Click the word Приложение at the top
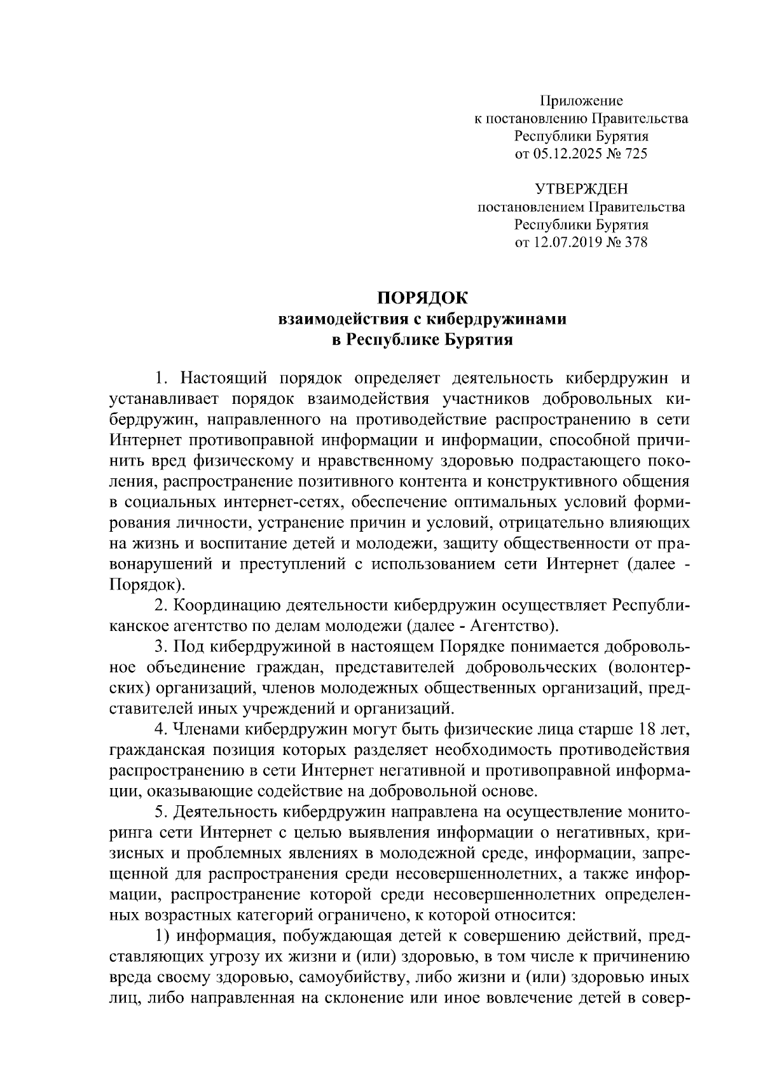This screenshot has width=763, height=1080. click(x=581, y=100)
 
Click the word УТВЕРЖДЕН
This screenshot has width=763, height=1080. click(x=581, y=189)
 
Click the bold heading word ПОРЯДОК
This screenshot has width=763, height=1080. click(x=422, y=298)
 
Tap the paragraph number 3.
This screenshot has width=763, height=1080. click(x=159, y=646)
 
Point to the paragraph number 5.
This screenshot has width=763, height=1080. click(x=159, y=812)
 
